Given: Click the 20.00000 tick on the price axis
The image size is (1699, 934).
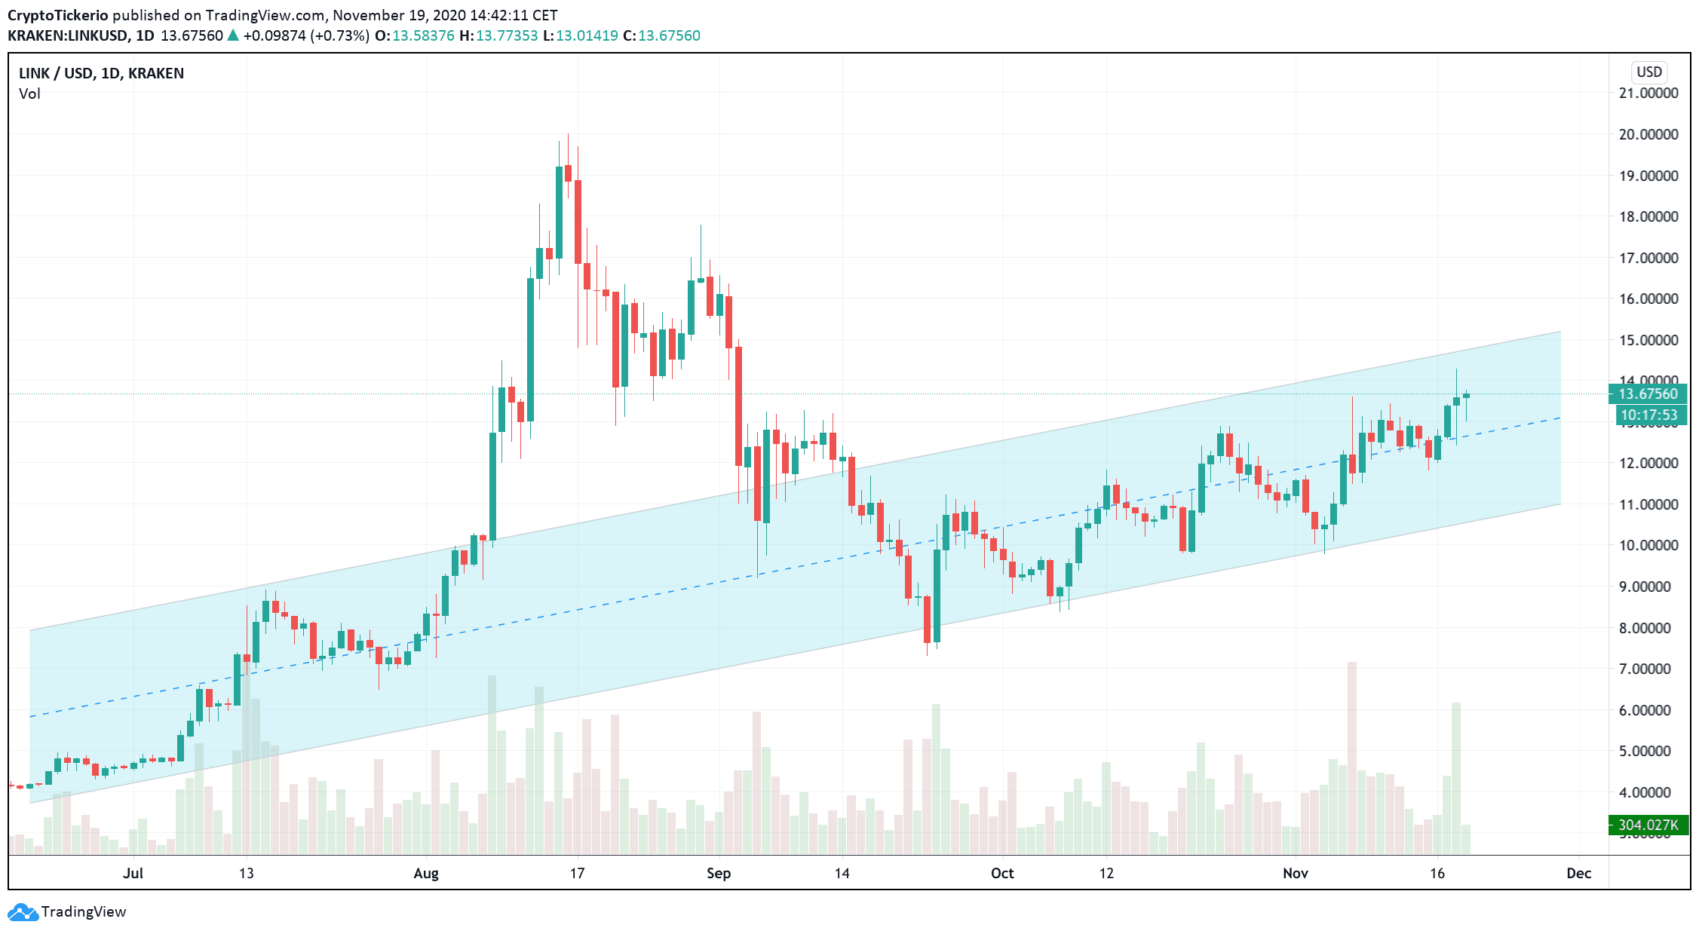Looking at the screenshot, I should pos(1648,134).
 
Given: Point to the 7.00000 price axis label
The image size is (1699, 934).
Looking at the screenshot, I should pos(1648,669).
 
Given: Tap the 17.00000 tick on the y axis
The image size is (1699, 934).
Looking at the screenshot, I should pos(1648,258).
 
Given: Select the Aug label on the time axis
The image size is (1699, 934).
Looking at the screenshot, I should pos(426,873).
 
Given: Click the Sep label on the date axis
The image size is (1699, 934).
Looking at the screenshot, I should pos(719,873).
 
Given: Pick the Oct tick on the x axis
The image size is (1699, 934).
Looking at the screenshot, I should pos(1002,873).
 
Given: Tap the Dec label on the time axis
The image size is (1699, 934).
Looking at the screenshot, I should pos(1578,873).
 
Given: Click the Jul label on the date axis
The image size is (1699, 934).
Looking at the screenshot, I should pos(133,873).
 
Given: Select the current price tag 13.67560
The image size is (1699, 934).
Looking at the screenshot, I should pos(1648,394).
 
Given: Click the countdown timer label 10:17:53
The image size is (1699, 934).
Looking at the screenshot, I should pos(1649,415).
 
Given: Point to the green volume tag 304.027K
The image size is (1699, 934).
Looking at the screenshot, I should pos(1648,825).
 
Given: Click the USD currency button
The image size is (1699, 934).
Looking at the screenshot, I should pos(1648,72).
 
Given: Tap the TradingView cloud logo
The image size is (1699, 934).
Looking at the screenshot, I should pos(23,912).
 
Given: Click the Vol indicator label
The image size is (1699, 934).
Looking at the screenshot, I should pos(29,93).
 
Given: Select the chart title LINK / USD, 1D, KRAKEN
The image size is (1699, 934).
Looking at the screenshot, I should pos(101,73).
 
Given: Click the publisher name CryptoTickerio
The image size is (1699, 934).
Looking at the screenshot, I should pos(58,15).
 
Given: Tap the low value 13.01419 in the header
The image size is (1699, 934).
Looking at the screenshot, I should pos(587,35).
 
